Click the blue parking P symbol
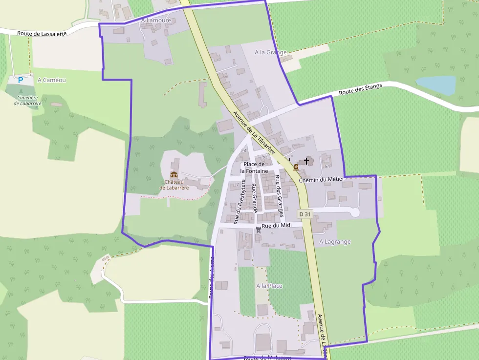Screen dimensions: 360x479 (20, 80)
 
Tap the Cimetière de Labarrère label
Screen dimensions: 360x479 (28, 101)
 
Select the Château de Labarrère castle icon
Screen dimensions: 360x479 (174, 174)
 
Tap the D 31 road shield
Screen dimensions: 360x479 (305, 214)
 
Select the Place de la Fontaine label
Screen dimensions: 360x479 (254, 168)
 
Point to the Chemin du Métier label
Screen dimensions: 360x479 (321, 180)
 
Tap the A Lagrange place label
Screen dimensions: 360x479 (335, 242)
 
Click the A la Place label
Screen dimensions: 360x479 (269, 286)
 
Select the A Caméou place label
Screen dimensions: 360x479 (51, 80)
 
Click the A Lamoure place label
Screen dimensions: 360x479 (156, 21)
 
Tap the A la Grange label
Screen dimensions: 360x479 (271, 52)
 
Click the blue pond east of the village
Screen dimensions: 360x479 (436, 85)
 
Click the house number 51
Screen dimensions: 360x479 (327, 167)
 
